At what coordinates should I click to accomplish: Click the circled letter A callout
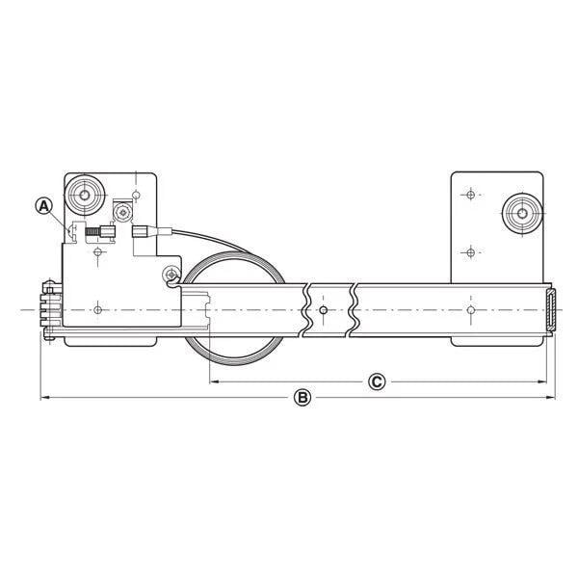[x=43, y=204]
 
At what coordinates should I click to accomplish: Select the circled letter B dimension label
[x=302, y=397]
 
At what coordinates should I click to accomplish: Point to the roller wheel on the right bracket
[x=522, y=209]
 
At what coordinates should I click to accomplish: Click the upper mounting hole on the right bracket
[x=469, y=196]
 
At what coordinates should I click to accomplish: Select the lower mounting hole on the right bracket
[x=469, y=252]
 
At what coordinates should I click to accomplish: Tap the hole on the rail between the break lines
[x=325, y=310]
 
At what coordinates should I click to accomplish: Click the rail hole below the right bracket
[x=469, y=310]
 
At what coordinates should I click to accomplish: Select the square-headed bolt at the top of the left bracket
[x=122, y=210]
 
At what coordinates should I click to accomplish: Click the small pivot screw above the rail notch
[x=170, y=273]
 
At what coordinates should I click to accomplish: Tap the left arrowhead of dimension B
[x=43, y=397]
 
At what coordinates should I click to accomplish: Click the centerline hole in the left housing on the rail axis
[x=99, y=310]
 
